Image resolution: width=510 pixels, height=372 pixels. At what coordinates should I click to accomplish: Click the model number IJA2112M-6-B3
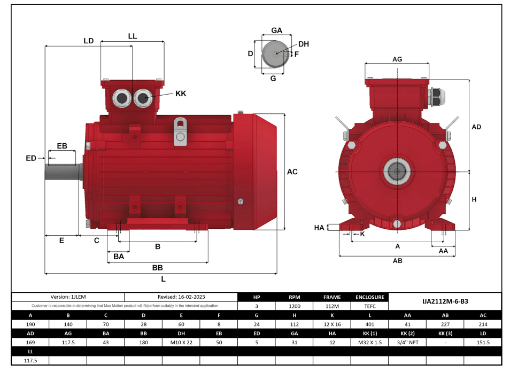click(446, 301)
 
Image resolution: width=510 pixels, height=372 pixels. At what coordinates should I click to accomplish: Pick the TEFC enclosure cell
click(369, 306)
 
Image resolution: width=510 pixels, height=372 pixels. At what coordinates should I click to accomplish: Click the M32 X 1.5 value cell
click(369, 342)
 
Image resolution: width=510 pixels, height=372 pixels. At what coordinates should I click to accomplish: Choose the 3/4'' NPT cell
click(407, 342)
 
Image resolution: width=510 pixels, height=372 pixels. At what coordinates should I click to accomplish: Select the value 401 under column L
click(369, 324)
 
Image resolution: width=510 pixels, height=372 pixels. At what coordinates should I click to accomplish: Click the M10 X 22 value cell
click(181, 342)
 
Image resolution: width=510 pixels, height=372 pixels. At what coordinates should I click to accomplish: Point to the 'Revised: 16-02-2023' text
click(181, 297)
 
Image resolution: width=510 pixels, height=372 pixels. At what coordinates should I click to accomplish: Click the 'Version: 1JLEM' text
click(67, 297)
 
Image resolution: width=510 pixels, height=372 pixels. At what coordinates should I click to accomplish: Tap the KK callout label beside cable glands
click(181, 94)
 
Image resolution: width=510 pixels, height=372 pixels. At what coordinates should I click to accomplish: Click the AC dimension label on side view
click(292, 172)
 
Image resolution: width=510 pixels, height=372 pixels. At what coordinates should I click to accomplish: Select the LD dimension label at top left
click(89, 41)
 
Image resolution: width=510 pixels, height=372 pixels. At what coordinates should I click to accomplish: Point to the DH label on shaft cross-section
click(303, 44)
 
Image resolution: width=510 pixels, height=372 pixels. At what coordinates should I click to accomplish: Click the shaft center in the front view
click(397, 172)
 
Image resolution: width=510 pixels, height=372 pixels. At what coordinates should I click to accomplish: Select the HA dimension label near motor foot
click(319, 228)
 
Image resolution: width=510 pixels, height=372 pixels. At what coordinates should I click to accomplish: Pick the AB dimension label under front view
click(397, 261)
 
